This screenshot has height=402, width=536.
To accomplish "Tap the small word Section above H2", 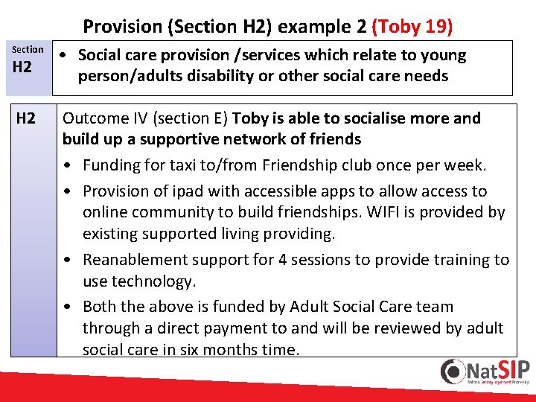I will [28, 49].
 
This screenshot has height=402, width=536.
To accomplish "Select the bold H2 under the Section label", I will [22, 67].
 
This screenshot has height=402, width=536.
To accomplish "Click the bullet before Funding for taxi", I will [68, 165].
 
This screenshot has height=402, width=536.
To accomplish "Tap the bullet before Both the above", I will [68, 307].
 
